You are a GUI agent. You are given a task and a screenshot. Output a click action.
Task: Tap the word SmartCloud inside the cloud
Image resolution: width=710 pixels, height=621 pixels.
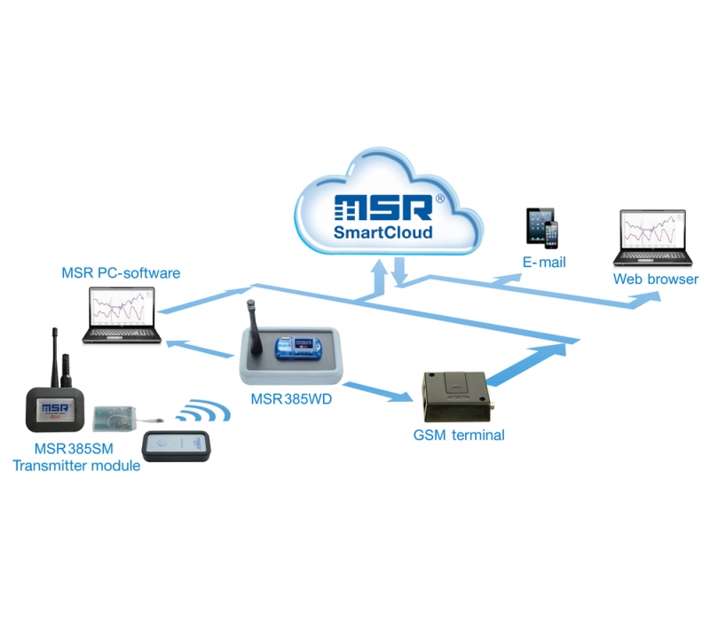(383, 232)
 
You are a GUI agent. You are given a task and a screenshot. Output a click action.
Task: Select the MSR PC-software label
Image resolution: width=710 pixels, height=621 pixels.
(121, 272)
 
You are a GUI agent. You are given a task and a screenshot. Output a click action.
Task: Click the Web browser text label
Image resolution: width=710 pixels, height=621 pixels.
(656, 280)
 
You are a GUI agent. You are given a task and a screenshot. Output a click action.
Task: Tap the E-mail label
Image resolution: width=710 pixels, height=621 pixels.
(543, 263)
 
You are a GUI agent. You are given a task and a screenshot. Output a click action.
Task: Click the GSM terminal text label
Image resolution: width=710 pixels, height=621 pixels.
(459, 435)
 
